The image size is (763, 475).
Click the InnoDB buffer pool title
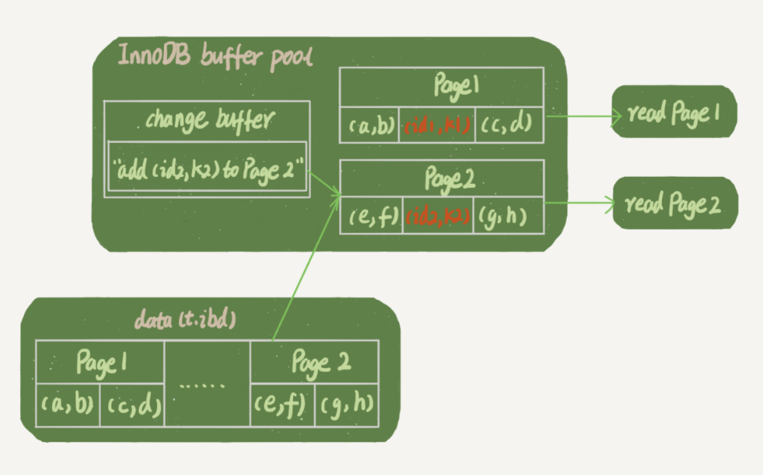pos(216,57)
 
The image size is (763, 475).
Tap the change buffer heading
pos(207,120)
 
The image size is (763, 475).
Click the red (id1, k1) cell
pos(437,124)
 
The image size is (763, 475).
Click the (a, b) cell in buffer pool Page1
pos(370,124)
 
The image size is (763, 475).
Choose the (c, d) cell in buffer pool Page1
pos(509,124)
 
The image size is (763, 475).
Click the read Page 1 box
pos(674,112)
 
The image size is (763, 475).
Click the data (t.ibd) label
pos(185,319)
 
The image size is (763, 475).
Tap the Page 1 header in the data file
pos(101,363)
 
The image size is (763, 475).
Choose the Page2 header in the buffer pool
pos(442,179)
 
